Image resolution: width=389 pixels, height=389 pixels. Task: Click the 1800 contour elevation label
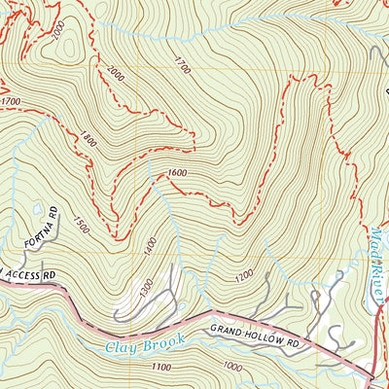(x=90, y=139)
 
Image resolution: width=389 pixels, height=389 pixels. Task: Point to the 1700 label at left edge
(x=11, y=101)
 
